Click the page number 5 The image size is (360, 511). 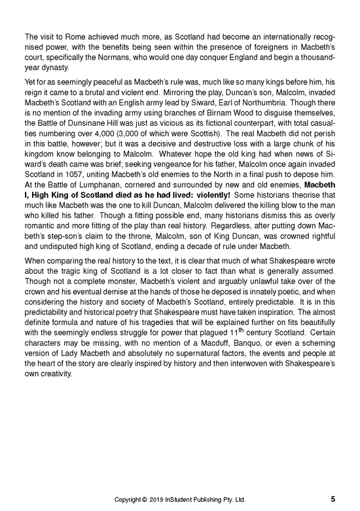(333, 498)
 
